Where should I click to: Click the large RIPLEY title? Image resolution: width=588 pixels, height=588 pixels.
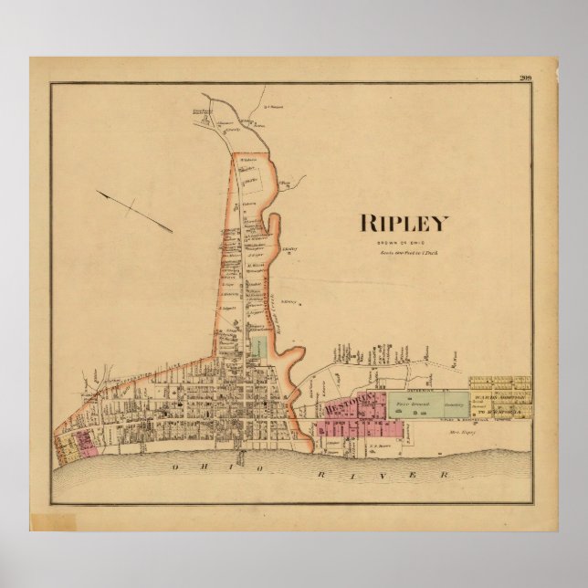[x=405, y=223]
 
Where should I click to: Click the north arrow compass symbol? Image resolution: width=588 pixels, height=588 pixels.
[x=133, y=208]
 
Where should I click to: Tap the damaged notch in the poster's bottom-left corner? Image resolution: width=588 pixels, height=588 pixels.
[x=42, y=523]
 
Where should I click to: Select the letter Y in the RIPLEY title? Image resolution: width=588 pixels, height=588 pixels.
[x=441, y=223]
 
